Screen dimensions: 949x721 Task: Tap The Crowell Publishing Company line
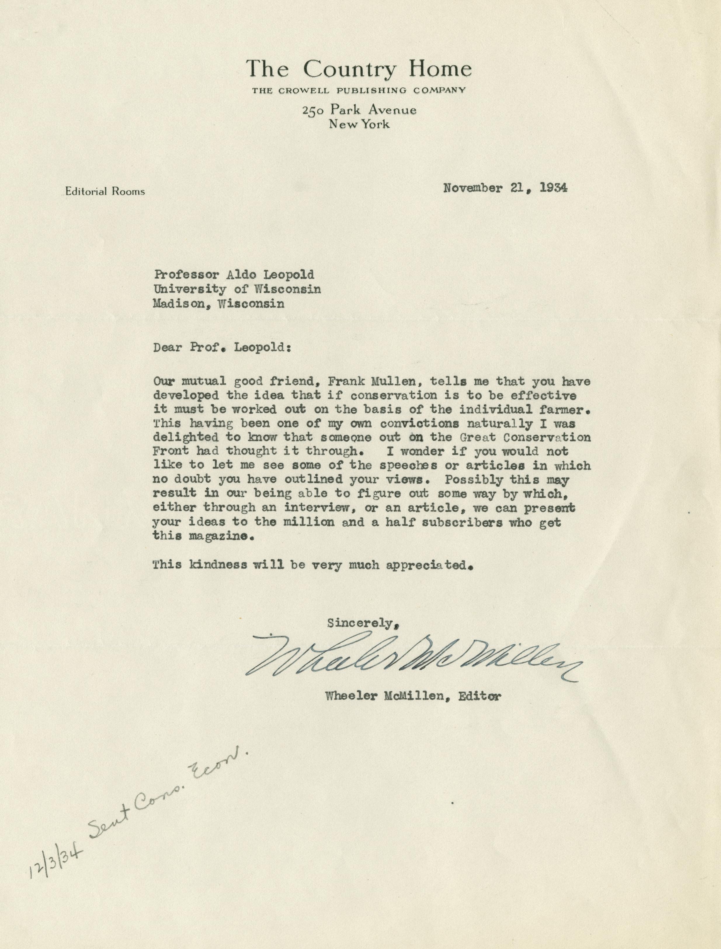(x=359, y=90)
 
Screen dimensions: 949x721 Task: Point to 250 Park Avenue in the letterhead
(x=359, y=110)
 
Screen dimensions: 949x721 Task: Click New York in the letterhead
(x=359, y=124)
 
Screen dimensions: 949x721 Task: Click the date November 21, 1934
(x=505, y=188)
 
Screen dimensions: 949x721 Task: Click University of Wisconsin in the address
(x=237, y=289)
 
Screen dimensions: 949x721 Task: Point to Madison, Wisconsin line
(x=218, y=304)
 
